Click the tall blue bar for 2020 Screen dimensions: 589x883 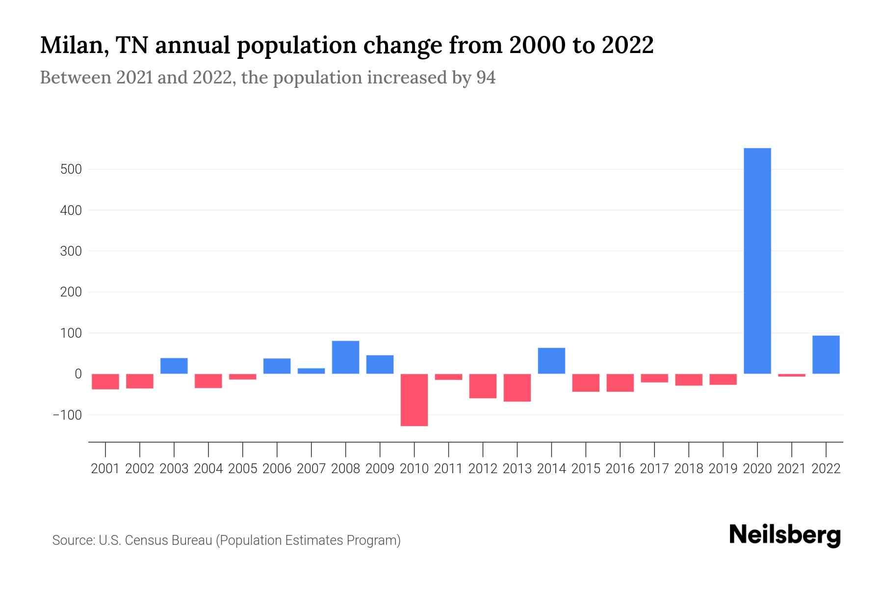pos(757,261)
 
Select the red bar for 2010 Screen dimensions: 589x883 pos(414,400)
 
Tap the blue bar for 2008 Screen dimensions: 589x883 pos(345,357)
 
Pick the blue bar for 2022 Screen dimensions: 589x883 pos(826,354)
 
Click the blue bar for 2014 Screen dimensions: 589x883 pos(551,361)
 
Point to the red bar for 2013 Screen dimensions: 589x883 pos(517,387)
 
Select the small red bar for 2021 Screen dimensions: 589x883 pos(791,375)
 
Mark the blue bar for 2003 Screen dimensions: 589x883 pos(174,366)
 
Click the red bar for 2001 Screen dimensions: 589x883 pos(105,381)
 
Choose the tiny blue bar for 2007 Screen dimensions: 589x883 pos(311,371)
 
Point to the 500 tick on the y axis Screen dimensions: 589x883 pos(71,169)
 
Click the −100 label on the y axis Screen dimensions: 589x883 pos(67,415)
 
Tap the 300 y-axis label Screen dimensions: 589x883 pos(71,251)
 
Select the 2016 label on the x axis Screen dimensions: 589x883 pos(620,469)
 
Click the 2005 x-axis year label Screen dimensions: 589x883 pos(243,469)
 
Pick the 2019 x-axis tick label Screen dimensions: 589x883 pos(723,469)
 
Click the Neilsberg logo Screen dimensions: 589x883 pos(785,535)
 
